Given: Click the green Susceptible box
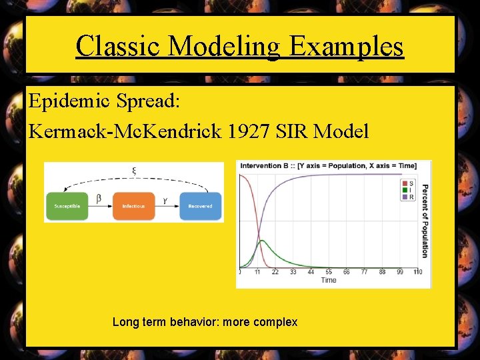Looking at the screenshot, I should pos(67,206).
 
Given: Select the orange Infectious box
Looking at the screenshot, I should pos(133,206).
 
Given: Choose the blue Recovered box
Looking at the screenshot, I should pos(200,206).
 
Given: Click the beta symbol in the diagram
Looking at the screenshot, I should pos(99,198).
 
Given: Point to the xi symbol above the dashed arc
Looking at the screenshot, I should pos(134,171).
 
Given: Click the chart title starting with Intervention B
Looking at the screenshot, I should pos(328,165).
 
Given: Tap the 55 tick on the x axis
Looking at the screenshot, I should pos(329,272).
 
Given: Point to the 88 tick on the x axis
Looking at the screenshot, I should pos(382,272).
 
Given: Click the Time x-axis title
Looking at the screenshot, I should pos(329,280).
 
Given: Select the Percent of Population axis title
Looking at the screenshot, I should pos(425,221).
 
